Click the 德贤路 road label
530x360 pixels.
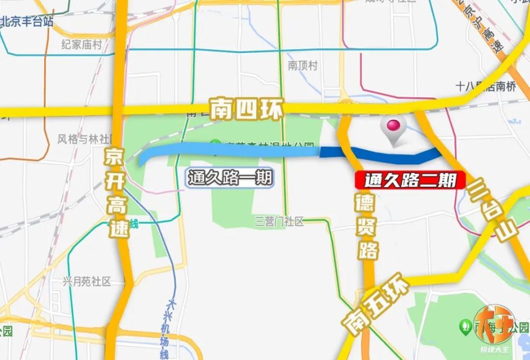[x=367, y=226]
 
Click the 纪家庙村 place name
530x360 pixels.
[x=82, y=45]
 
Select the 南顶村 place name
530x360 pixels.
[x=303, y=65]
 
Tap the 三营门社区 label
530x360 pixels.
[x=279, y=222]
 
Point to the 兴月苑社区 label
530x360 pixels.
[x=87, y=282]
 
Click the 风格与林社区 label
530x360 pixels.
[x=84, y=139]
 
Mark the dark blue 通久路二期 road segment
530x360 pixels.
[x=386, y=156]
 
